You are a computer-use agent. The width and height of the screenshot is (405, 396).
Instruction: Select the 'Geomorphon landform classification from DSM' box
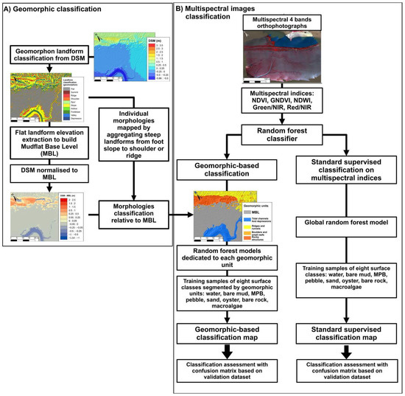coord(50,55)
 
